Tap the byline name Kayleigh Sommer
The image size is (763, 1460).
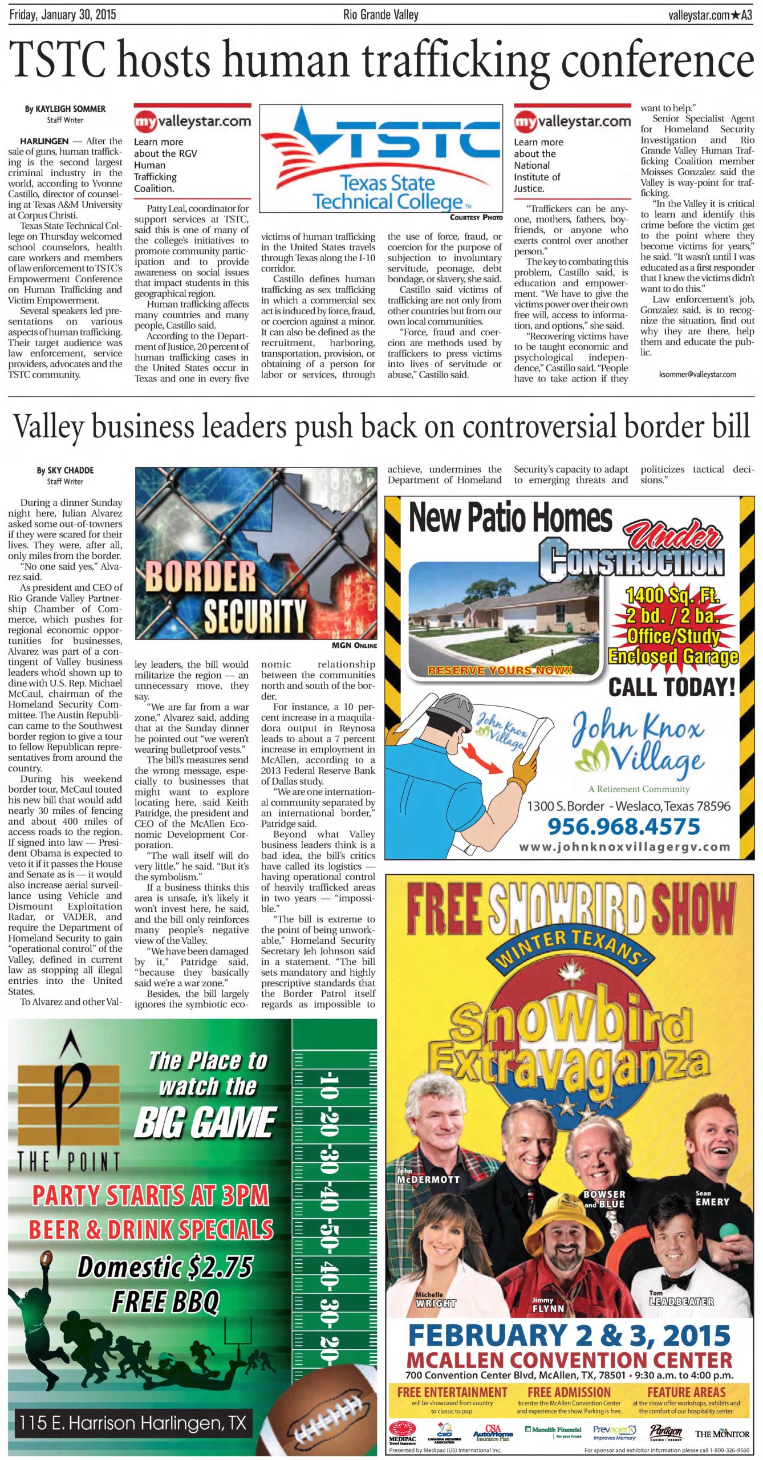pos(65,109)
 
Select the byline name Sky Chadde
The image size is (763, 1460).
pos(65,471)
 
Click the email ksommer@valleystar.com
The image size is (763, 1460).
pos(697,374)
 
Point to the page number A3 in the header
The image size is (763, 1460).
pos(746,15)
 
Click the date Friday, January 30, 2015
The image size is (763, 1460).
pos(63,15)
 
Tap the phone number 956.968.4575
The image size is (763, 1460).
pos(623,826)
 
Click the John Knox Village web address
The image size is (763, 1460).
pos(624,847)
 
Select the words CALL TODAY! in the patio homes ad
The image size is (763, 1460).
pos(672,687)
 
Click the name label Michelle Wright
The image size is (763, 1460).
pos(436,1299)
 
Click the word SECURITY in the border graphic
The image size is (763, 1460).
pos(254,615)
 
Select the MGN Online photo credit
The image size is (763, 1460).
pos(354,646)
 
